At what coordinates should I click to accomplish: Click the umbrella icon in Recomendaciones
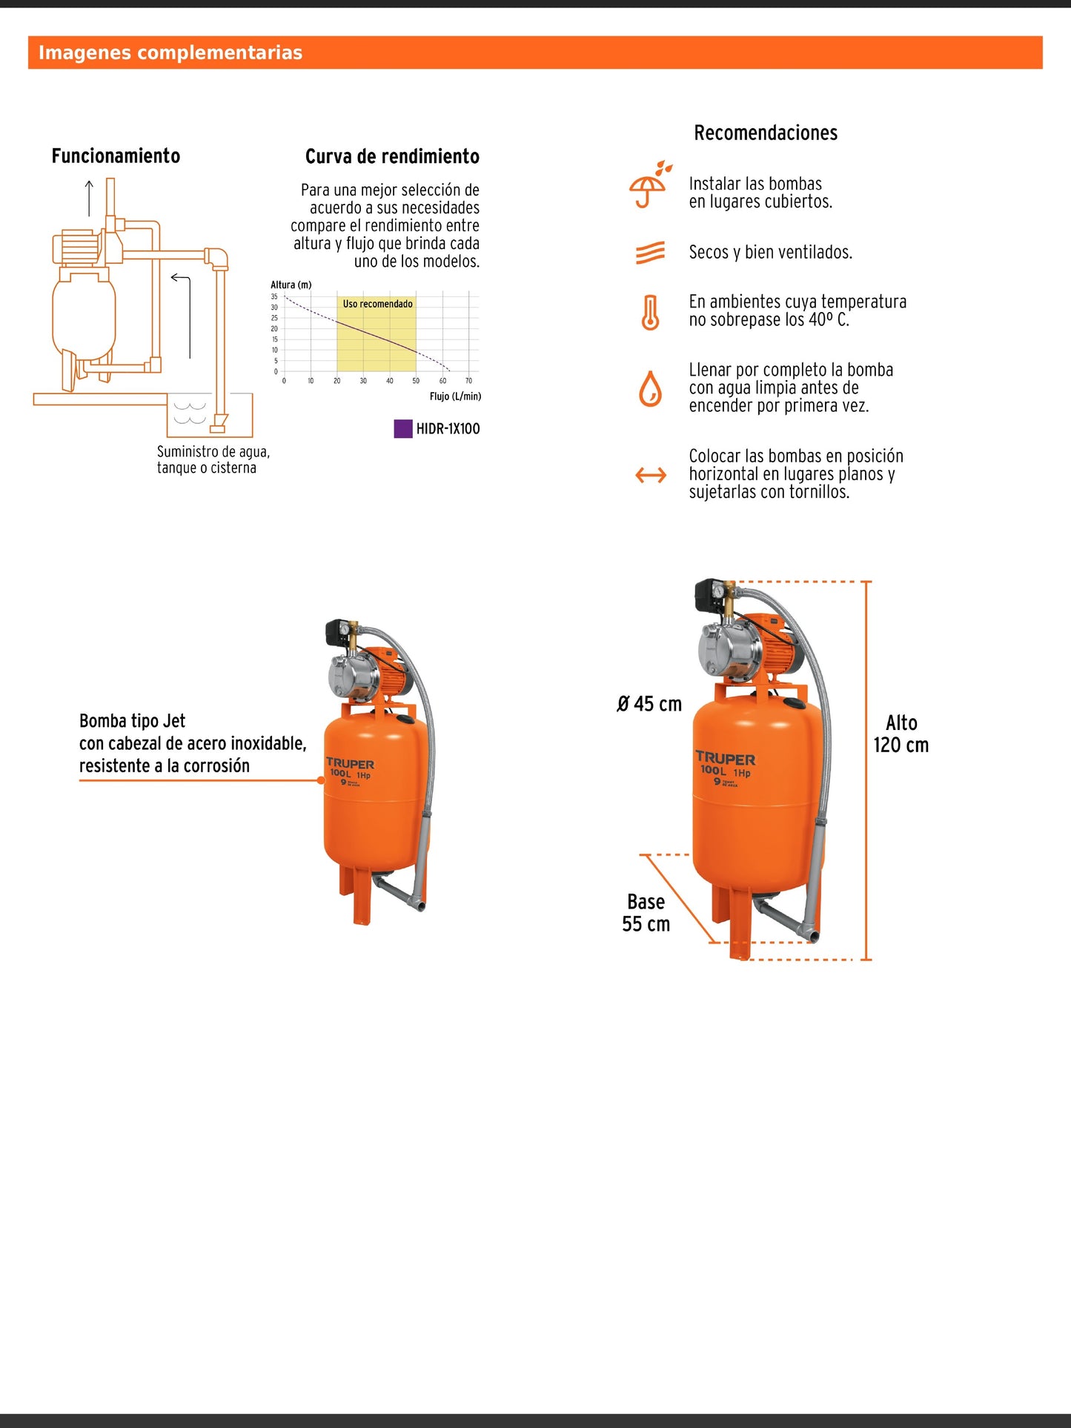pyautogui.click(x=649, y=185)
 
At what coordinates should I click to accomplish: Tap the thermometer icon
pyautogui.click(x=650, y=312)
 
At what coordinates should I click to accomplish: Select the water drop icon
pyautogui.click(x=650, y=389)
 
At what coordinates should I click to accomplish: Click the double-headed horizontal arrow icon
pyautogui.click(x=651, y=475)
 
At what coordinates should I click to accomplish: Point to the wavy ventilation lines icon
pyautogui.click(x=650, y=253)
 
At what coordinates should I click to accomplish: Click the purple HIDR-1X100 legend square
pyautogui.click(x=402, y=428)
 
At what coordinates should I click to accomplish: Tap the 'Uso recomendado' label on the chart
pyautogui.click(x=377, y=304)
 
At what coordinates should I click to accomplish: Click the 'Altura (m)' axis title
pyautogui.click(x=291, y=285)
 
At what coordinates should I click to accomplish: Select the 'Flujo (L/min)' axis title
pyautogui.click(x=455, y=396)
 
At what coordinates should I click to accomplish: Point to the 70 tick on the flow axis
pyautogui.click(x=468, y=381)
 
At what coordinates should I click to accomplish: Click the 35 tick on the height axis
pyautogui.click(x=274, y=296)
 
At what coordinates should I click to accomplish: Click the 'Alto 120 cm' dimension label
pyautogui.click(x=901, y=734)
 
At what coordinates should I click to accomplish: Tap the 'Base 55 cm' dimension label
pyautogui.click(x=646, y=912)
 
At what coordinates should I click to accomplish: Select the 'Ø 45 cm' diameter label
pyautogui.click(x=649, y=704)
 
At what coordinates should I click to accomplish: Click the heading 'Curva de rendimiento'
pyautogui.click(x=392, y=156)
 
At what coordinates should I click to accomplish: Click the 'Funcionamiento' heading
pyautogui.click(x=116, y=156)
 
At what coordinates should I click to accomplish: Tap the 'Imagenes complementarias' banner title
pyautogui.click(x=170, y=53)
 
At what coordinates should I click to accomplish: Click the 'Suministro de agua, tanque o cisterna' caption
pyautogui.click(x=213, y=459)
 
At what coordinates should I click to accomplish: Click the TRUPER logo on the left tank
pyautogui.click(x=351, y=763)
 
